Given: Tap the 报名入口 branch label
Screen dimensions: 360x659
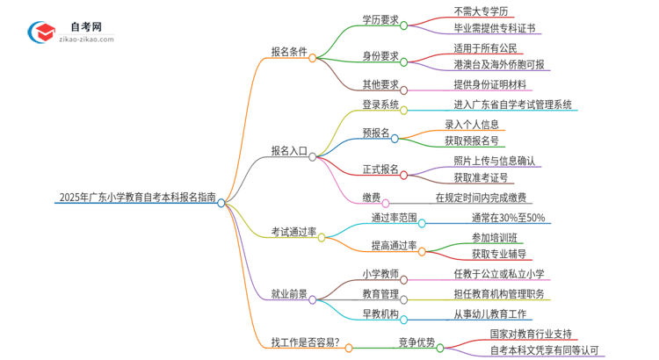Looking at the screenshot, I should tap(289, 150).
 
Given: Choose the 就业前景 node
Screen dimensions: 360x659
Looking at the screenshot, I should tap(289, 295).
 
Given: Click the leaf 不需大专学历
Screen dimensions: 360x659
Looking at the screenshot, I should tap(482, 11).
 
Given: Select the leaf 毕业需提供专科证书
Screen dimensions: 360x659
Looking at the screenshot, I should tap(493, 28).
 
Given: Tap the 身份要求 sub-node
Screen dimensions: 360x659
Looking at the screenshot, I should tap(380, 56).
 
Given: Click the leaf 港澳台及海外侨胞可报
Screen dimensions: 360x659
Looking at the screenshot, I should tap(499, 64).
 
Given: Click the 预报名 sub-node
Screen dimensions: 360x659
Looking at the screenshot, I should tap(376, 133).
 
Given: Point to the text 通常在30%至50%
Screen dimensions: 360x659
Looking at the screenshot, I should tap(507, 218).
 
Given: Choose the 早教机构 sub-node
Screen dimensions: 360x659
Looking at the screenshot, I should tap(380, 313).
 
